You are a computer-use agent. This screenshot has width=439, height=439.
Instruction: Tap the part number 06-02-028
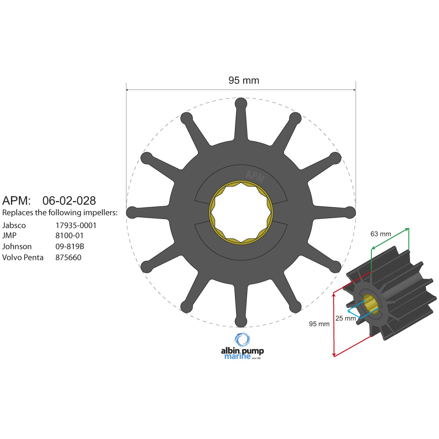coord(69,201)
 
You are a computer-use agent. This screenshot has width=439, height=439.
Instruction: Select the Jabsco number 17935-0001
coord(76,225)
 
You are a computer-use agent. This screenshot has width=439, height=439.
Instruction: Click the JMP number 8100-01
coord(69,236)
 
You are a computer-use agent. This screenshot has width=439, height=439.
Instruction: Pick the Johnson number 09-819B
coord(70,246)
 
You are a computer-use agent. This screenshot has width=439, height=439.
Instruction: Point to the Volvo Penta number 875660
coord(68,257)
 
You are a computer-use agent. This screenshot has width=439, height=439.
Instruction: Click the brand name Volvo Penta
coord(23,257)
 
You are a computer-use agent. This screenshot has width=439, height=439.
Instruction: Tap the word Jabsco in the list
coord(14,225)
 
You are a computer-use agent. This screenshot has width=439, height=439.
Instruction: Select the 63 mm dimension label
coord(381,234)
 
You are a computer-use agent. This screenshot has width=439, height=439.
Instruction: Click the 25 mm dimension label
coord(345,318)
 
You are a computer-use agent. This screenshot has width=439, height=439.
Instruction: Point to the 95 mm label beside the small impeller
coord(319,324)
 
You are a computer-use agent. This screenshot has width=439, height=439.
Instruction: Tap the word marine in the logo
coord(237,356)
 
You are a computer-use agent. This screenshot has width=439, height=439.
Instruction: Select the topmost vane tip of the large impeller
coord(241,104)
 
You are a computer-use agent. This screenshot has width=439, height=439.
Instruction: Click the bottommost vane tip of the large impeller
coord(241,321)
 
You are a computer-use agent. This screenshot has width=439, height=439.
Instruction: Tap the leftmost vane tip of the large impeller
coord(132,212)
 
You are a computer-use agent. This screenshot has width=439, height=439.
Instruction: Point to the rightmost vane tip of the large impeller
coord(349,212)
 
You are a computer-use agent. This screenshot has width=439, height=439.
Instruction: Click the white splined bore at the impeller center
coord(241,212)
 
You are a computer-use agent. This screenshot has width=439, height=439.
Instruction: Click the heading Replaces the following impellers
coord(60,213)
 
